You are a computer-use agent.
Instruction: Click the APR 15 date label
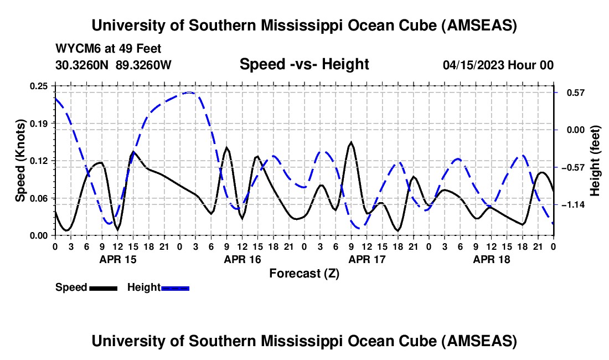(x=117, y=259)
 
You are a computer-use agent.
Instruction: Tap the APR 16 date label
(x=242, y=259)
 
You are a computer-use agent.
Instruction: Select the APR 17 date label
(x=367, y=259)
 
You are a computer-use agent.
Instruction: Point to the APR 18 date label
(x=491, y=259)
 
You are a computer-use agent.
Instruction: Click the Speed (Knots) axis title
(x=20, y=161)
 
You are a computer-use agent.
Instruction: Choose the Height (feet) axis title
(x=595, y=161)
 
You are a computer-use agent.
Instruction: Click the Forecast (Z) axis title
(x=304, y=273)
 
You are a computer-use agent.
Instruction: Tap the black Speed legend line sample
(x=102, y=288)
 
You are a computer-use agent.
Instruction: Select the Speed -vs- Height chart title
(x=304, y=65)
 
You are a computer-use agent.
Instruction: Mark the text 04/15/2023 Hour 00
(x=498, y=65)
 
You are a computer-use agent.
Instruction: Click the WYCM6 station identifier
(x=76, y=49)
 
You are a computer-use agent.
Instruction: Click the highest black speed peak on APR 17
(x=351, y=142)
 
